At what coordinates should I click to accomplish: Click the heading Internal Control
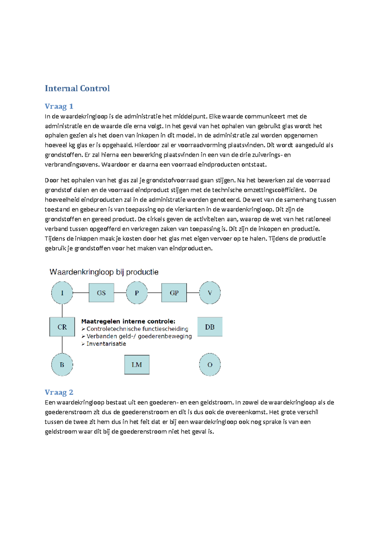pyautogui.click(x=77, y=88)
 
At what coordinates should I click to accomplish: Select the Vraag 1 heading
pyautogui.click(x=59, y=106)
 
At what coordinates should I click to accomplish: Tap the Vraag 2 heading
pyautogui.click(x=59, y=392)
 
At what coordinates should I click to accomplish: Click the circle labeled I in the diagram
pyautogui.click(x=62, y=293)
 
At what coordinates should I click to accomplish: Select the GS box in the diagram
pyautogui.click(x=101, y=293)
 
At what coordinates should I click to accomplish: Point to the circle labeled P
pyautogui.click(x=137, y=293)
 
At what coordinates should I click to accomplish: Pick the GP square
pyautogui.click(x=174, y=293)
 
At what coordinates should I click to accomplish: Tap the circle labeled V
pyautogui.click(x=210, y=293)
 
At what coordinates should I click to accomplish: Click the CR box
pyautogui.click(x=62, y=327)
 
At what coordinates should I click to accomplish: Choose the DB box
pyautogui.click(x=210, y=327)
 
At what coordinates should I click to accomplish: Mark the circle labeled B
pyautogui.click(x=62, y=365)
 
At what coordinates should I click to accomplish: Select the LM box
pyautogui.click(x=137, y=365)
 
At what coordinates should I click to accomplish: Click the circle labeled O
pyautogui.click(x=210, y=365)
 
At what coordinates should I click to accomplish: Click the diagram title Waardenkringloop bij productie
pyautogui.click(x=104, y=272)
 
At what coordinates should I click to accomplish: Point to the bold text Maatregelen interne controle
pyautogui.click(x=128, y=321)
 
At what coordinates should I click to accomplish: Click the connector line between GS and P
pyautogui.click(x=120, y=292)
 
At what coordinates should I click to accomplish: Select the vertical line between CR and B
pyautogui.click(x=62, y=345)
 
